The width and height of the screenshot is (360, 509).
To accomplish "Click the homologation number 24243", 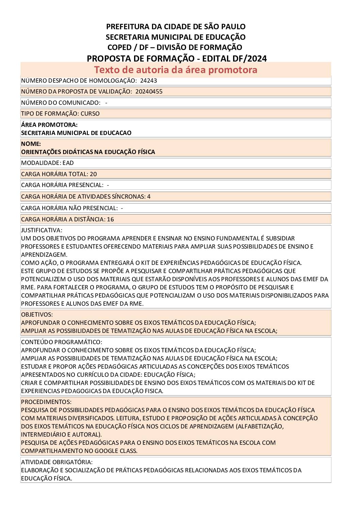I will (x=148, y=81).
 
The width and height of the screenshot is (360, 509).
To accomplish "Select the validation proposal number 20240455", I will (x=149, y=91).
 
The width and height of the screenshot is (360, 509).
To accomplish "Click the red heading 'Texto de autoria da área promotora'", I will (x=176, y=70).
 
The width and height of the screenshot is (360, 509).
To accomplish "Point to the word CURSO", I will (x=90, y=114).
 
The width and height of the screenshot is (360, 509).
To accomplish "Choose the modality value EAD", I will (x=68, y=163).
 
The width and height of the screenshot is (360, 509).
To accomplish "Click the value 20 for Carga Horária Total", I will (x=93, y=174).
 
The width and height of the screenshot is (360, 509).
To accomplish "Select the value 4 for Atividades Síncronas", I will (x=149, y=197).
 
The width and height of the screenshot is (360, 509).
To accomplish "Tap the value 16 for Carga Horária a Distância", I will (x=110, y=219).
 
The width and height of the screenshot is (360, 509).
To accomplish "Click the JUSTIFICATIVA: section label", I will (x=42, y=230).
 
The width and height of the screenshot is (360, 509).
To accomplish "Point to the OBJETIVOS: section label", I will (x=37, y=315).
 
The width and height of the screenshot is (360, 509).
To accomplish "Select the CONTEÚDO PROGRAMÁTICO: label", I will (x=61, y=342).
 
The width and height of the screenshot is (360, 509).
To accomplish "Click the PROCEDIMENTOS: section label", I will (x=46, y=402).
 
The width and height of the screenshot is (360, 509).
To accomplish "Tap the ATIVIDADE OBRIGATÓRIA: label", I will (x=56, y=462).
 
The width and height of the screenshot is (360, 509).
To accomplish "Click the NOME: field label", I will (x=31, y=144).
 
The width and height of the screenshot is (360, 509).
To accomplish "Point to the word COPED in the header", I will (x=119, y=48).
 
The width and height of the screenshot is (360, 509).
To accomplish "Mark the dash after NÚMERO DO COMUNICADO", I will (x=106, y=103).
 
